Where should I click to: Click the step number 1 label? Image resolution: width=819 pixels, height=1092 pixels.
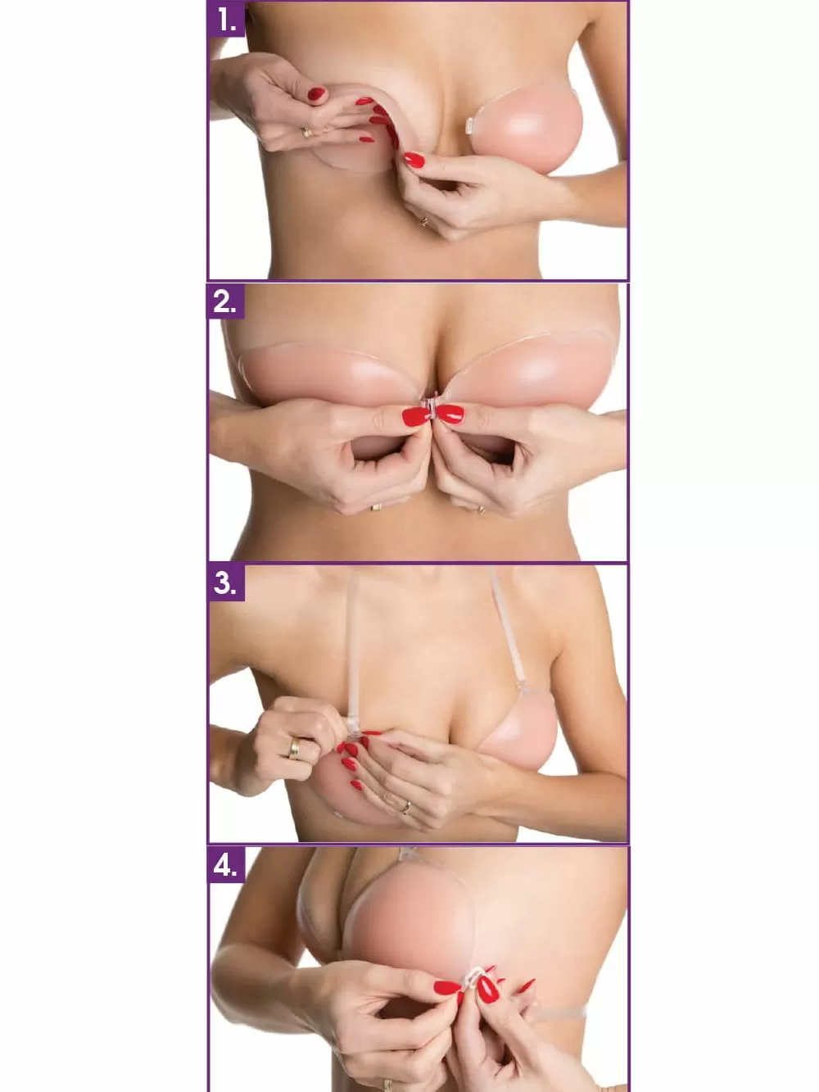tap(227, 20)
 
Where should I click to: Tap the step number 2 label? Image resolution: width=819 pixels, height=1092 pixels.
tap(224, 302)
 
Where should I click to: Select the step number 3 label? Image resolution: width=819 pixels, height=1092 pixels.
tap(224, 583)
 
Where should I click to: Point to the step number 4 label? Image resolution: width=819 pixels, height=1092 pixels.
tap(225, 865)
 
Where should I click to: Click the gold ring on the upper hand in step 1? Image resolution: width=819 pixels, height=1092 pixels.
tap(305, 132)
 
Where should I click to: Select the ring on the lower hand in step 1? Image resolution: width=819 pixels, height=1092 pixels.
tap(423, 220)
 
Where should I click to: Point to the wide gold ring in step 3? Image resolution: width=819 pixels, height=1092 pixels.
tap(294, 747)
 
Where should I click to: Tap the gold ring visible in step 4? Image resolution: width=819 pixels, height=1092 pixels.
tap(387, 1085)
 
